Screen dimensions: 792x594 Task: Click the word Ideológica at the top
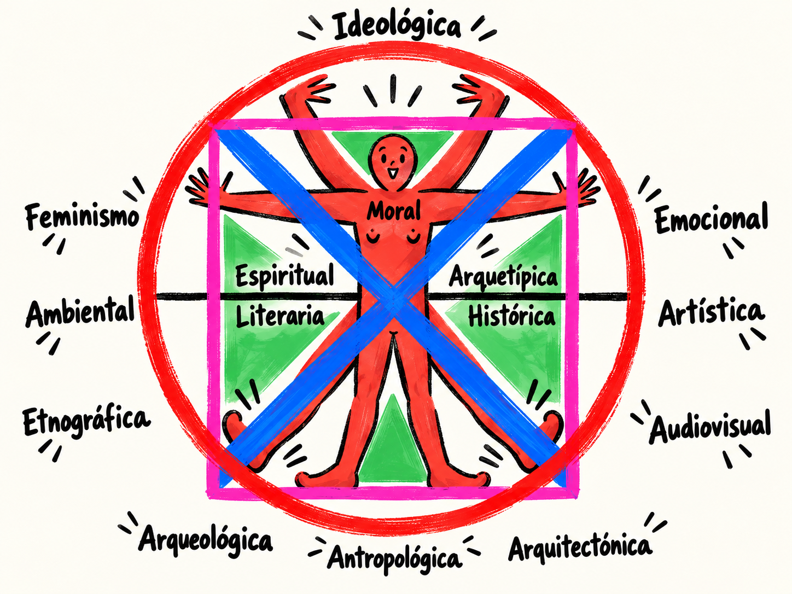(x=397, y=27)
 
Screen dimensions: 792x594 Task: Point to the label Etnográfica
(x=86, y=422)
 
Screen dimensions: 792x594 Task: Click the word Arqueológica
(x=205, y=540)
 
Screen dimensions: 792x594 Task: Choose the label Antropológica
(x=394, y=558)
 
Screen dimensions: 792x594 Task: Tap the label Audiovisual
(x=710, y=428)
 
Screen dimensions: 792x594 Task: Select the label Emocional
(x=711, y=217)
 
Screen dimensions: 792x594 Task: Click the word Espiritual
(x=284, y=276)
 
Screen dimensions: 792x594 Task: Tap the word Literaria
(x=280, y=316)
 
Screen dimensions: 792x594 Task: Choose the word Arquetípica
(x=503, y=277)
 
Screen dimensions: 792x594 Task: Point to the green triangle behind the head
(x=393, y=148)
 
